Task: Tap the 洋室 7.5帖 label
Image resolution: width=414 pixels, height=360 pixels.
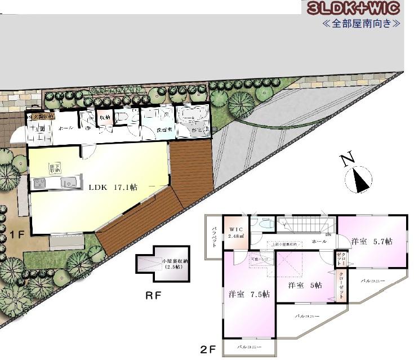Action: pos(249,294)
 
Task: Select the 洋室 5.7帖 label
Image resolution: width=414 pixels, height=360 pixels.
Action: pos(372,241)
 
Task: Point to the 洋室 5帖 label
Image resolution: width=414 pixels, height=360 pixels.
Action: pos(305,285)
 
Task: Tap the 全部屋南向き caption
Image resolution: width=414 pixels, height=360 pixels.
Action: pos(361,24)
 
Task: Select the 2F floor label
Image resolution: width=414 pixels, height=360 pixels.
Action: pos(208,349)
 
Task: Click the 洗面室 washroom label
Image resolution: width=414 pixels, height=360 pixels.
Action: pos(164,129)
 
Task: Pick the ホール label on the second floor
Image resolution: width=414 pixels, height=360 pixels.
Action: pos(318,241)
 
